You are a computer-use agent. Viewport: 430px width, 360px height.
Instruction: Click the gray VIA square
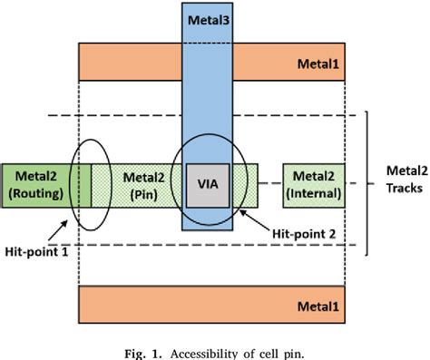(x=207, y=185)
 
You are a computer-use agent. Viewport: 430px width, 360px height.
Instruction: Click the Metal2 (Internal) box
(x=313, y=184)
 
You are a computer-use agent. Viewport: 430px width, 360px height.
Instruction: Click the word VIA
(x=207, y=185)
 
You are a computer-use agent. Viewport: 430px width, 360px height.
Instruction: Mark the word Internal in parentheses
(x=313, y=192)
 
